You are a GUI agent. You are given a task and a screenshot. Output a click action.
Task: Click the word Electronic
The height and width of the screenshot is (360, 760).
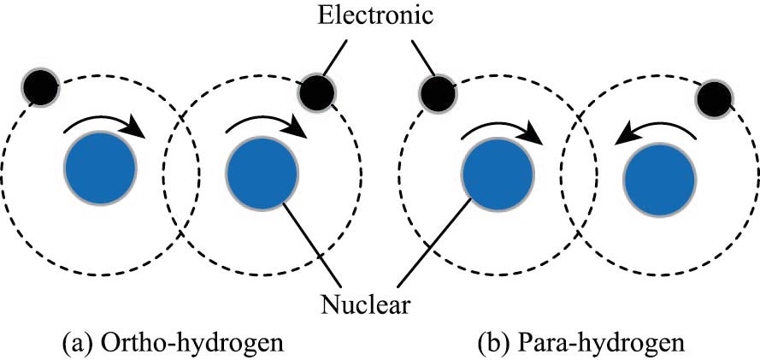(380, 15)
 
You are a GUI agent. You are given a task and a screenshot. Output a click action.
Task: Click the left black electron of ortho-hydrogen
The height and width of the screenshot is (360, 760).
(40, 85)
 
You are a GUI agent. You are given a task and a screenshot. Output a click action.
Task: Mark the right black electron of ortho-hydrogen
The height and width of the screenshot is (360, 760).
(315, 91)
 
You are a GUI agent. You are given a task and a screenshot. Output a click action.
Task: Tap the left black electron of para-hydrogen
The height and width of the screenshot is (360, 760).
(437, 92)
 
